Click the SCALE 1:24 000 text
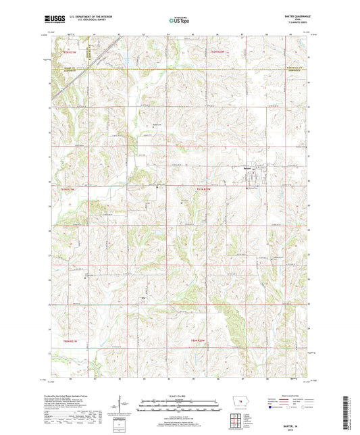coord(180,396)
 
